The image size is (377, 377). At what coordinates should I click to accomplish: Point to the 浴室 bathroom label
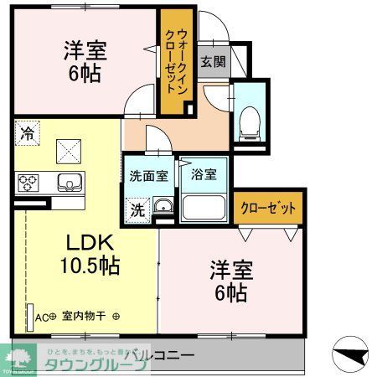point(203,176)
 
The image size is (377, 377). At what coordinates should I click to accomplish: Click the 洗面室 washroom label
point(147,176)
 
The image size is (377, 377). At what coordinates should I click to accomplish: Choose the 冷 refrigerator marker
point(27,132)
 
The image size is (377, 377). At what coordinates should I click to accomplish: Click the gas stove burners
point(27,181)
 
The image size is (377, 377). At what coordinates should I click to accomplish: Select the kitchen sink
point(66,181)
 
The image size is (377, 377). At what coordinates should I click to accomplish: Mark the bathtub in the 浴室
point(204,208)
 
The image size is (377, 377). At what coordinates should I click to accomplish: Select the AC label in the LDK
point(43,318)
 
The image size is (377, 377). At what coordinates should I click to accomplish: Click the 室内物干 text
point(81,318)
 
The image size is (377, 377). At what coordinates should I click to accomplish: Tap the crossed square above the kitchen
point(67,149)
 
